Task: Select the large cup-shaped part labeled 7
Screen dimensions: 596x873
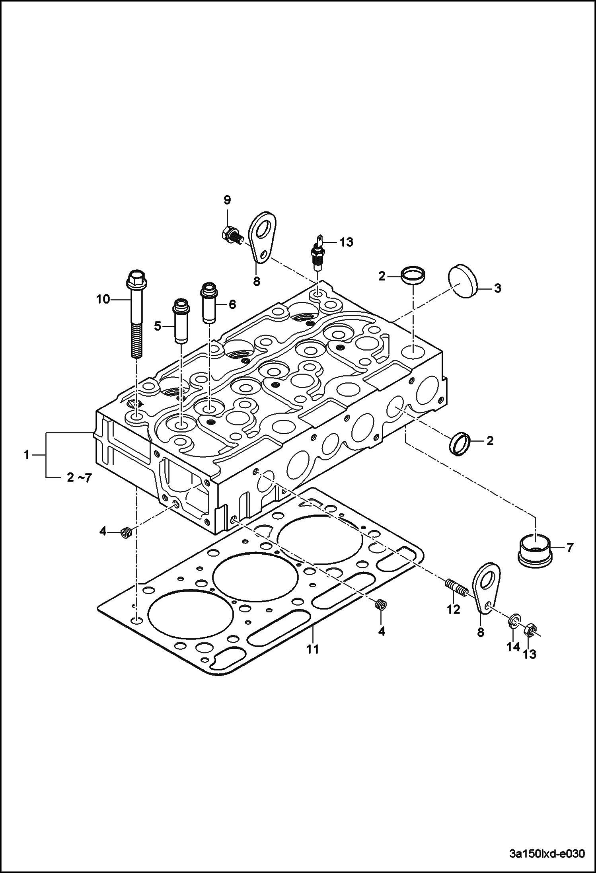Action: tap(535, 551)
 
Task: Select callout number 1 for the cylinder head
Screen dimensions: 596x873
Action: tap(27, 454)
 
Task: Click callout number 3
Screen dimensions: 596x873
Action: tap(498, 288)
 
